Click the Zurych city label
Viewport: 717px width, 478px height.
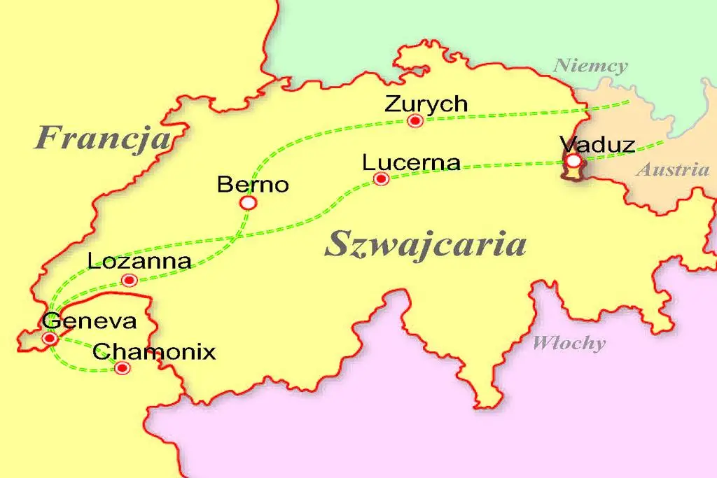pyautogui.click(x=426, y=104)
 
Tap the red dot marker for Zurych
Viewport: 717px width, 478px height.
pyautogui.click(x=415, y=121)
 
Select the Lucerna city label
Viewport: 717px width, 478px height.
pyautogui.click(x=411, y=162)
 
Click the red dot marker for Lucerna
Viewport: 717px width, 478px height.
pyautogui.click(x=382, y=179)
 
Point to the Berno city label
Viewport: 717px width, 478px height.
pyautogui.click(x=253, y=185)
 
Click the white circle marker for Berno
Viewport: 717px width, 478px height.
pyautogui.click(x=248, y=203)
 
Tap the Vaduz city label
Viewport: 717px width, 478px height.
pyautogui.click(x=597, y=145)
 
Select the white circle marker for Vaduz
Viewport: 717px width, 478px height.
pyautogui.click(x=573, y=162)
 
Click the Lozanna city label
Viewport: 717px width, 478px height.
pyautogui.click(x=140, y=262)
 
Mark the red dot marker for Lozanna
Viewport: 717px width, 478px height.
pyautogui.click(x=129, y=281)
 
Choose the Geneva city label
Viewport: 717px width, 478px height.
pyautogui.click(x=89, y=321)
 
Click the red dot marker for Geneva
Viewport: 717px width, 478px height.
pyautogui.click(x=50, y=339)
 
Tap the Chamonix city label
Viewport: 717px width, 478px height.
pyautogui.click(x=154, y=351)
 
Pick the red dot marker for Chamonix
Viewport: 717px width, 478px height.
pyautogui.click(x=123, y=367)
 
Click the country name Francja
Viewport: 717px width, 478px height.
pyautogui.click(x=103, y=136)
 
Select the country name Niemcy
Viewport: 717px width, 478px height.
pyautogui.click(x=590, y=66)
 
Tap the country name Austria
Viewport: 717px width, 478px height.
pyautogui.click(x=672, y=170)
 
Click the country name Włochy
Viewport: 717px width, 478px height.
pyautogui.click(x=569, y=343)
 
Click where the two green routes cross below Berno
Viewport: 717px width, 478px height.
pyautogui.click(x=236, y=238)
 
